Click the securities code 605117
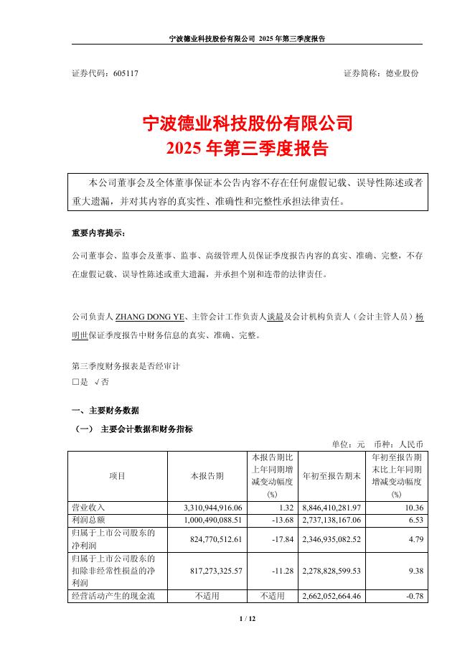pyautogui.click(x=126, y=74)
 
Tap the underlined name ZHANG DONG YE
pyautogui.click(x=150, y=316)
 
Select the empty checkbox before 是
pyautogui.click(x=75, y=383)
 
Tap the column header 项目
pyautogui.click(x=117, y=476)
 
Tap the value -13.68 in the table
pyautogui.click(x=284, y=520)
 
